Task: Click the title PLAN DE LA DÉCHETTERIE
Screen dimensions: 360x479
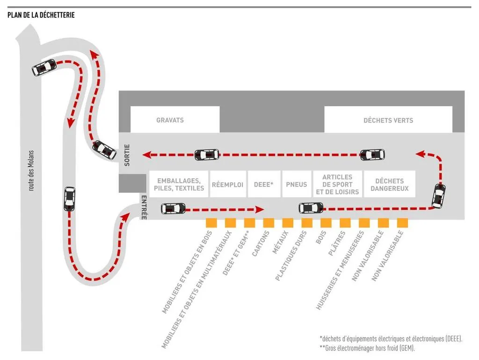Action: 41,15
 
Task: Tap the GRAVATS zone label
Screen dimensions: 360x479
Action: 170,120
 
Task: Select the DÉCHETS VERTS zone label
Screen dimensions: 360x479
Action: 388,120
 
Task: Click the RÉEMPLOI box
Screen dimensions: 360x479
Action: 228,184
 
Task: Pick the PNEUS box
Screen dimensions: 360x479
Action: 297,184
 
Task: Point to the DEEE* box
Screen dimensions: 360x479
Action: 263,184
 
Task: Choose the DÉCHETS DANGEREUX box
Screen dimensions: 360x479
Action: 389,184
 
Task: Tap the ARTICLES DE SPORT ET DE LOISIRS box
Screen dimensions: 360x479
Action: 337,184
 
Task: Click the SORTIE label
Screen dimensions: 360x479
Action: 127,155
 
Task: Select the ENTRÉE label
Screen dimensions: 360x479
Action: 144,208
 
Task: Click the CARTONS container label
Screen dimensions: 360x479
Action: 261,243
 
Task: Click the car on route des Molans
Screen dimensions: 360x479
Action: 69,198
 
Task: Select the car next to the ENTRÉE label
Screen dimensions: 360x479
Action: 173,208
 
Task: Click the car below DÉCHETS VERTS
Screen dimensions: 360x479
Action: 372,154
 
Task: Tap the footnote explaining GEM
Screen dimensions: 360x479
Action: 367,348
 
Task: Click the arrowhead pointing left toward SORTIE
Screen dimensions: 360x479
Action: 146,154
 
